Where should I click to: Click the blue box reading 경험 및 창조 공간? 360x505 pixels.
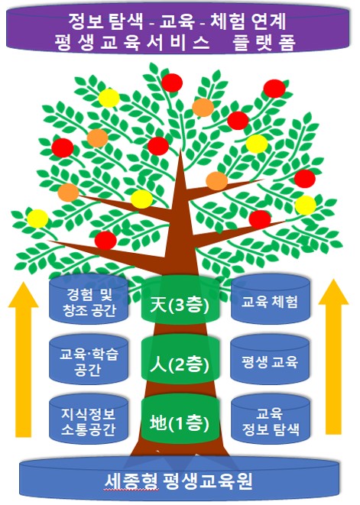89,299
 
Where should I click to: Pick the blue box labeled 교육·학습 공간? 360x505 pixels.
89,359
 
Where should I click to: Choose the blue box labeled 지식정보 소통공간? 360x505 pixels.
89,419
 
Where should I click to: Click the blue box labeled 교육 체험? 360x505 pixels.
271,299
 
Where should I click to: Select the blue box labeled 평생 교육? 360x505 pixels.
271,359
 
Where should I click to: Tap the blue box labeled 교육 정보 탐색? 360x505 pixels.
271,419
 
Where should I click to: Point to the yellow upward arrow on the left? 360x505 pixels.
24,358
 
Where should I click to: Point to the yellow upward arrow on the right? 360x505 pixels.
333,357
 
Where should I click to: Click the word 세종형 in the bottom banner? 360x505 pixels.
131,481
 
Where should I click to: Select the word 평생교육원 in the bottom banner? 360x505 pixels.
208,481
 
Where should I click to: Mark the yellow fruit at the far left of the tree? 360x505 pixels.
37,219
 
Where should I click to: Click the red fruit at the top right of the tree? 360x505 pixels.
274,89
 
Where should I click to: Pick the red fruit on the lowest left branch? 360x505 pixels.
105,240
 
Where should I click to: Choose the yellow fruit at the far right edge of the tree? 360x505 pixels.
306,206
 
